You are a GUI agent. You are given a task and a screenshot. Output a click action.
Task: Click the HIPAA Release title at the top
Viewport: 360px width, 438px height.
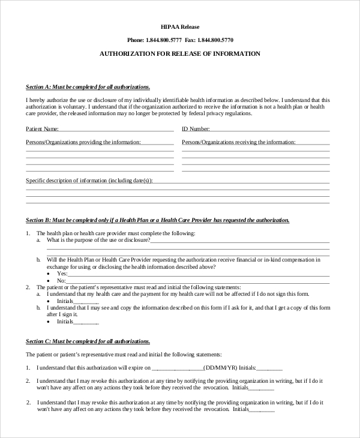tap(180, 27)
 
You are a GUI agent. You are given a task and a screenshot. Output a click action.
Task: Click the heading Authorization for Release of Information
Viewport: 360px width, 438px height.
tap(180, 54)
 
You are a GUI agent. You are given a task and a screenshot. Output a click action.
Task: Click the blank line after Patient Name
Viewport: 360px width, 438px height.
tap(116, 129)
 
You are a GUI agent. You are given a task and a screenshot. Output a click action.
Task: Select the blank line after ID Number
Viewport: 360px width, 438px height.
tap(270, 129)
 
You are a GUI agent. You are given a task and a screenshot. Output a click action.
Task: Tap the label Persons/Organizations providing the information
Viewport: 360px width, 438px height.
tap(83, 142)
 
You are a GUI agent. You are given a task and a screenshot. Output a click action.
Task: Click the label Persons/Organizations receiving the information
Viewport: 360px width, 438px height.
tap(238, 142)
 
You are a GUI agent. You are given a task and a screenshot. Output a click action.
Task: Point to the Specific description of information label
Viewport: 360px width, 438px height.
tap(89, 181)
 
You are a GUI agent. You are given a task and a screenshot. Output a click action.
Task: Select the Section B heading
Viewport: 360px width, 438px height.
tap(158, 220)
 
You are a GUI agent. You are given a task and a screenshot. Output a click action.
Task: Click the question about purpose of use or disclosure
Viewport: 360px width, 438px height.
tap(98, 240)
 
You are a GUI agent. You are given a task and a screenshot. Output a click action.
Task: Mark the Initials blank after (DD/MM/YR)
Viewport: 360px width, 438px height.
tap(270, 368)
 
